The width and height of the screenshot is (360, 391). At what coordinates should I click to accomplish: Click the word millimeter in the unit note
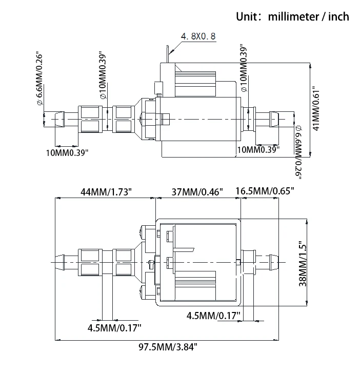(293, 16)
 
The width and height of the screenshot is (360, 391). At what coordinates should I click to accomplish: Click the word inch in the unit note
(337, 16)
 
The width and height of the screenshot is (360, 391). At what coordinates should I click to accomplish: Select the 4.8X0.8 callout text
(198, 37)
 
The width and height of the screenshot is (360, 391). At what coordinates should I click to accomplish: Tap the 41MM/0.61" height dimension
(316, 108)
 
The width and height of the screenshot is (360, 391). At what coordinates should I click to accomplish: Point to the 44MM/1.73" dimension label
(106, 192)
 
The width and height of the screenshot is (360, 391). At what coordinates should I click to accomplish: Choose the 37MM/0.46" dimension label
(197, 192)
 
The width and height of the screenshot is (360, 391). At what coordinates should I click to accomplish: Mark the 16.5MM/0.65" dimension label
(265, 192)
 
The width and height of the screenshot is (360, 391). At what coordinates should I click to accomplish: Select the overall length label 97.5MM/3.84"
(168, 347)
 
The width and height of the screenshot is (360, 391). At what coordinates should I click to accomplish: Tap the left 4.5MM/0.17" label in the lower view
(114, 327)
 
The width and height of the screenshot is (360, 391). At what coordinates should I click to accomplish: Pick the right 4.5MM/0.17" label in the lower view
(213, 315)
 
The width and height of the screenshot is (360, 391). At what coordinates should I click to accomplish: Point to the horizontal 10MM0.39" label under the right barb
(258, 150)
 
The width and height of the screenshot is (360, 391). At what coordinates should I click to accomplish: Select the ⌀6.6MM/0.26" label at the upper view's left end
(39, 79)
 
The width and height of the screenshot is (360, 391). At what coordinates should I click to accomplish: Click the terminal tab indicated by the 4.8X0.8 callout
(168, 55)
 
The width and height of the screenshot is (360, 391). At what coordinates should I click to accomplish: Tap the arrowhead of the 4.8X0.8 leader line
(170, 51)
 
